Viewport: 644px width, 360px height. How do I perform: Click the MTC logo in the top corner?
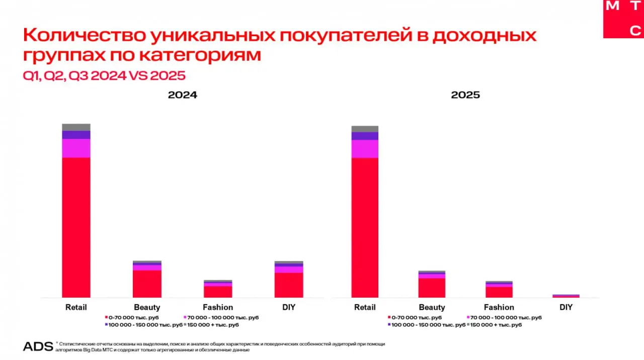(623, 19)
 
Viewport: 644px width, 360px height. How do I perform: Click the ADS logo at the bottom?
(38, 346)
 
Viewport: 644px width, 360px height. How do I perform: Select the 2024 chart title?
(182, 95)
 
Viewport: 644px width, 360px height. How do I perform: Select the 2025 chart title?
(465, 95)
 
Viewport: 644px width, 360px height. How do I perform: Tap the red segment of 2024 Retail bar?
(76, 226)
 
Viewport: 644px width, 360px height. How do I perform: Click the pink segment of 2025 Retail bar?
(365, 149)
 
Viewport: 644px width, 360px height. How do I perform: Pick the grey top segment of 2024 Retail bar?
(76, 127)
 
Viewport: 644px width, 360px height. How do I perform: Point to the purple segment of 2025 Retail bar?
(365, 136)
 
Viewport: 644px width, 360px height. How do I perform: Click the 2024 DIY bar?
(289, 282)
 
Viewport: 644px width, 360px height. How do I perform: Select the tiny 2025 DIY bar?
(566, 296)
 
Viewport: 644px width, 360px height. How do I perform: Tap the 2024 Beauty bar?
(147, 282)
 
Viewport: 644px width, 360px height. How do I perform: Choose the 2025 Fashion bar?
(499, 291)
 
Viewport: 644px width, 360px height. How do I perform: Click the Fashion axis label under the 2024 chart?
(218, 307)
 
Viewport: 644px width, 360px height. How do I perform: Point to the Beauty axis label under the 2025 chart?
(432, 307)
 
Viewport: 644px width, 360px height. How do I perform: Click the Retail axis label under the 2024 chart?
(76, 307)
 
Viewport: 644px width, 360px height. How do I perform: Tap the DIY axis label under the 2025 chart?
(566, 307)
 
